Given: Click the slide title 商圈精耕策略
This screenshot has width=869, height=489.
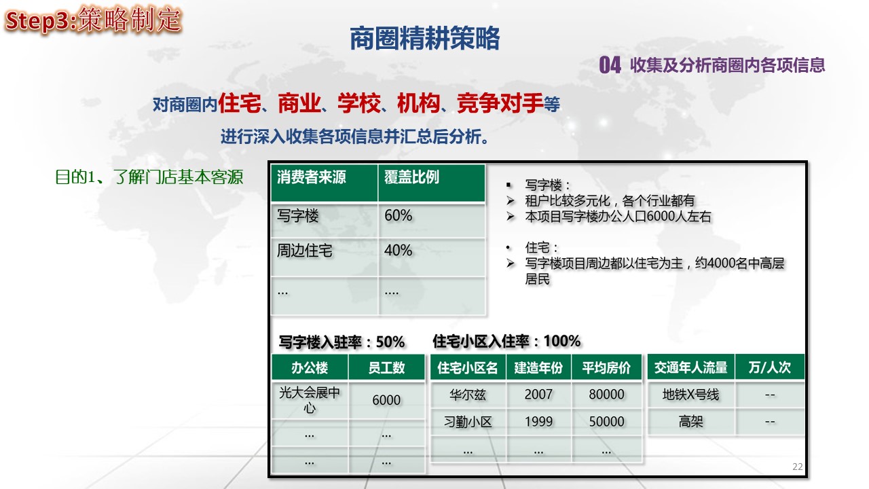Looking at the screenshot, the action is (x=425, y=39).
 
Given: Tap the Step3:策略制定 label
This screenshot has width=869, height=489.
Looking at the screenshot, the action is (x=93, y=20).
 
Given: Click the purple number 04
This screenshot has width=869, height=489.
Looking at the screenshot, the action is (x=610, y=65).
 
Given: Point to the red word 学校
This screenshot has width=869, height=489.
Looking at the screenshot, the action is (x=359, y=103).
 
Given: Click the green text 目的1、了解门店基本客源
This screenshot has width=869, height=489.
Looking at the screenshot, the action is (x=149, y=177).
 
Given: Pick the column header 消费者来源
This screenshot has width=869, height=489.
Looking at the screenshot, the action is (x=312, y=177).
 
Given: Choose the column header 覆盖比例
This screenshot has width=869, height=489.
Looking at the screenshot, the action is (x=411, y=177).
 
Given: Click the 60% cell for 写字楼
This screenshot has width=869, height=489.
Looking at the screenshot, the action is (x=398, y=215).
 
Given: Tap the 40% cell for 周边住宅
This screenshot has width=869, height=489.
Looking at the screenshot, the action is (x=398, y=251).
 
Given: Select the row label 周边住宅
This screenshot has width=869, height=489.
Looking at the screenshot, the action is (x=305, y=251).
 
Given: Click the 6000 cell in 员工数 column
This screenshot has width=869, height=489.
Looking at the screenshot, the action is (x=386, y=400).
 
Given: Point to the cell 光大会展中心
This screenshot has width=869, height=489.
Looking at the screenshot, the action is (x=310, y=400).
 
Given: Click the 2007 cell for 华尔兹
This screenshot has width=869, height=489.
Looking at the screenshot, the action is (x=538, y=395).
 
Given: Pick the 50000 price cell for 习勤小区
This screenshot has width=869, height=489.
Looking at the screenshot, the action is (x=607, y=422).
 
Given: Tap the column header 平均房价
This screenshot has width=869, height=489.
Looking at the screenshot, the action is (x=606, y=367).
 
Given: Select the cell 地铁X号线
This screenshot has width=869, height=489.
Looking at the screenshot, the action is (x=691, y=395).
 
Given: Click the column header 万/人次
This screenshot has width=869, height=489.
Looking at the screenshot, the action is (x=770, y=367).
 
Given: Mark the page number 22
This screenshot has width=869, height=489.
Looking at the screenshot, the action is (x=798, y=467).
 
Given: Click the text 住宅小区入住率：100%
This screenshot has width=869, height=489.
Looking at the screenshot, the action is (x=506, y=341).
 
